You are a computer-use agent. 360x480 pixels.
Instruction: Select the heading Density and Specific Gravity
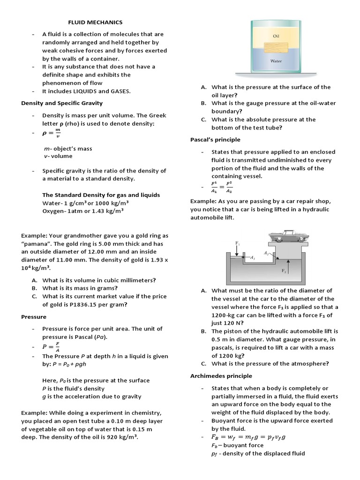[62, 103]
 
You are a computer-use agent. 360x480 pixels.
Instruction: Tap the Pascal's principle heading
[215, 140]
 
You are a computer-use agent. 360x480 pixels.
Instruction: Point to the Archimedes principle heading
[221, 376]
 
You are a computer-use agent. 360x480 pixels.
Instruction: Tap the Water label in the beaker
[276, 61]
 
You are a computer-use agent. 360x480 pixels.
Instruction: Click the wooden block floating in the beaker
[276, 48]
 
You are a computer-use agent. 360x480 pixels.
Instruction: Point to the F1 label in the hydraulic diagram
[237, 243]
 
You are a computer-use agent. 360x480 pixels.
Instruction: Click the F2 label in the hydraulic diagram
[284, 271]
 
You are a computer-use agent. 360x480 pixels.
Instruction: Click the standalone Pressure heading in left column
[34, 317]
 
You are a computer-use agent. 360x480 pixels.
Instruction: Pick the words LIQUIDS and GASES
[101, 91]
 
